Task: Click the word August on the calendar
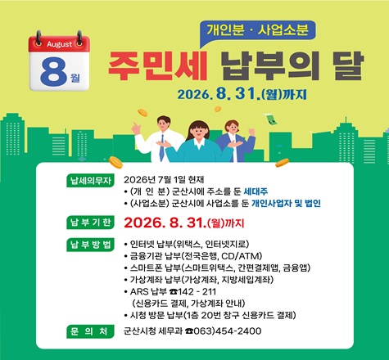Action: tap(60, 44)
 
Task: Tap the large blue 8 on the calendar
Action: tap(54, 71)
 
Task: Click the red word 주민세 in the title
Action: tap(158, 65)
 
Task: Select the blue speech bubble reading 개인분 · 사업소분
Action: tap(258, 30)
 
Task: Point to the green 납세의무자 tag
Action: tap(90, 180)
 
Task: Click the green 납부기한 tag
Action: tap(90, 223)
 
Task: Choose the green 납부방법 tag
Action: tap(90, 245)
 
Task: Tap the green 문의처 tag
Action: tap(90, 331)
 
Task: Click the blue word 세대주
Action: tap(256, 191)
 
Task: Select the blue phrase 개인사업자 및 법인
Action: tap(286, 203)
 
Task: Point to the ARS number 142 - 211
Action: tap(197, 292)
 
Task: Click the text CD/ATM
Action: tap(241, 256)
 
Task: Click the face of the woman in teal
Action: tap(198, 132)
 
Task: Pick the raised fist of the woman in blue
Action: tap(251, 133)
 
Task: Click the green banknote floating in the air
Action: tap(270, 119)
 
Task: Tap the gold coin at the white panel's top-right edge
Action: tap(282, 163)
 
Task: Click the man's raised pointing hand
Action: tap(136, 128)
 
